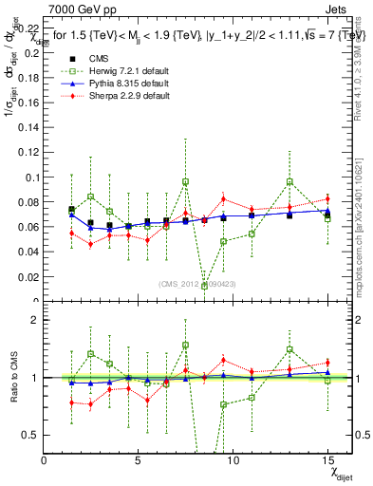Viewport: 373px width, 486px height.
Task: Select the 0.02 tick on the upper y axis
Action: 29,275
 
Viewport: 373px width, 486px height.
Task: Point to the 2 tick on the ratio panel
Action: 36,320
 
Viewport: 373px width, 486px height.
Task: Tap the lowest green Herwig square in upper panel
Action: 205,286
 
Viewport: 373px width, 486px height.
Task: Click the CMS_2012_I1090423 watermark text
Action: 198,284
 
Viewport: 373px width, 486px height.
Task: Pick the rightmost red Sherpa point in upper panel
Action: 327,199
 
